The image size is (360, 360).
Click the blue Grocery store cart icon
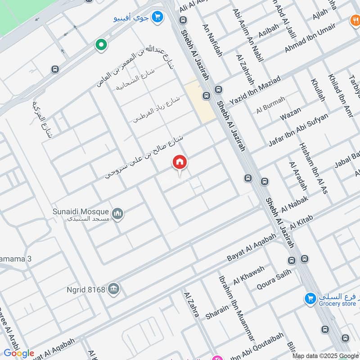310,298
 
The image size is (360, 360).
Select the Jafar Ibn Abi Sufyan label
298,129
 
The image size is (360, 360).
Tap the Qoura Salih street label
274,279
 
